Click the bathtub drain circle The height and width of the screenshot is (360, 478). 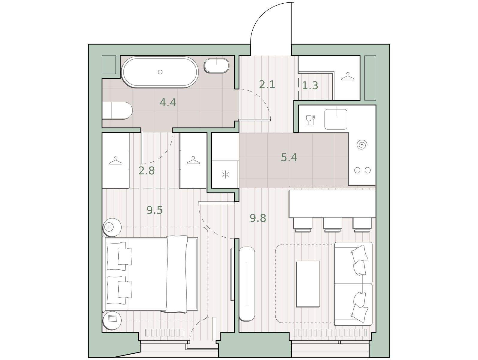(x=160, y=72)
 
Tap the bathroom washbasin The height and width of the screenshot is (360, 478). (x=217, y=65)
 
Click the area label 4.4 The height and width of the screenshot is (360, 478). (x=168, y=102)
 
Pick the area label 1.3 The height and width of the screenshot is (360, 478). (x=310, y=85)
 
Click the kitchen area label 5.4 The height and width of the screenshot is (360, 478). (x=289, y=157)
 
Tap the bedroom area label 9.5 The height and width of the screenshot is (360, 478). (x=155, y=210)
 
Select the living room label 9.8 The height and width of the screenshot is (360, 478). (x=258, y=218)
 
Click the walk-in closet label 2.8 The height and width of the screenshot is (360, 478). (x=147, y=171)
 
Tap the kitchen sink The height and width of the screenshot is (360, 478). (x=336, y=119)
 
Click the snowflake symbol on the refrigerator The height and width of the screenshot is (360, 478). (x=225, y=175)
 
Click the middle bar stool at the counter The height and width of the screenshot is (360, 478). (x=332, y=225)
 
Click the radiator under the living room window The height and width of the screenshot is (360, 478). (x=331, y=332)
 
